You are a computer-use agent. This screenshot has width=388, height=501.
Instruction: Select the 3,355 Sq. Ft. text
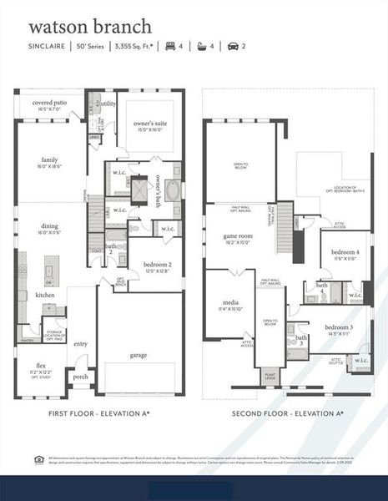(136, 47)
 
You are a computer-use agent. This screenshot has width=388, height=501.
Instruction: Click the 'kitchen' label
(45, 295)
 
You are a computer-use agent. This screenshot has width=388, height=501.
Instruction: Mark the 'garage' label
(138, 355)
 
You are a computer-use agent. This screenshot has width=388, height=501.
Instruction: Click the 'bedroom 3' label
(338, 326)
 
